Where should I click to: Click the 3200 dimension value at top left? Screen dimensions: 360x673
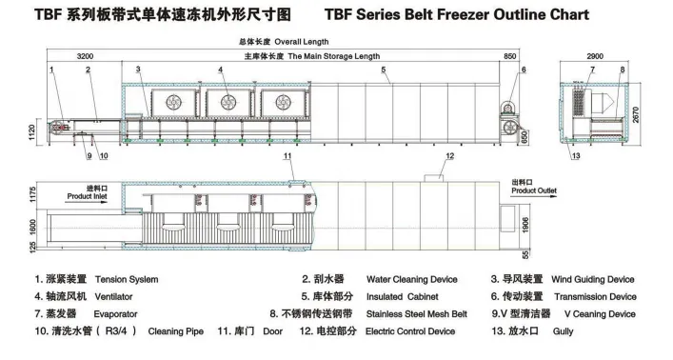(85, 57)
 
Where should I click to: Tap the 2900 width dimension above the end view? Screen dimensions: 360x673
(596, 57)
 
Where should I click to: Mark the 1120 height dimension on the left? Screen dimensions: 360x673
(33, 131)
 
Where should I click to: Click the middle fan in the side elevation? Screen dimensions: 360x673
(228, 101)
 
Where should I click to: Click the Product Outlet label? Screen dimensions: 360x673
(533, 190)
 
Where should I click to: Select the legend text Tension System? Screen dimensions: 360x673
(127, 280)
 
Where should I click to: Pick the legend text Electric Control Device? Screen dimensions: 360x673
(410, 330)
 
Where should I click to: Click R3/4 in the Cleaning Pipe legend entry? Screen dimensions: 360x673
(122, 330)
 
